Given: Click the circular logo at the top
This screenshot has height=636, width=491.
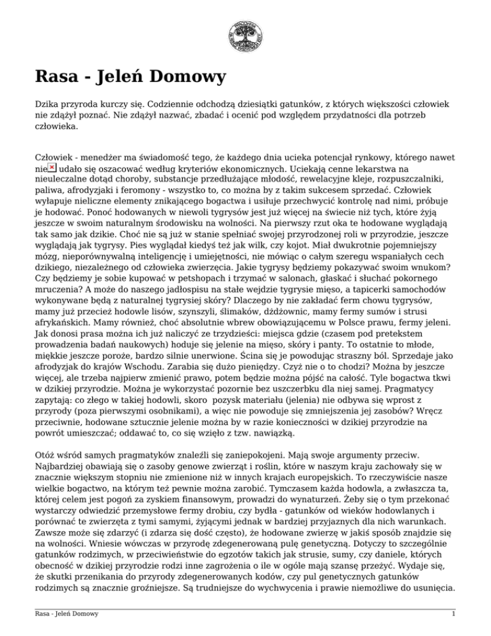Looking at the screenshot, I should [245, 35].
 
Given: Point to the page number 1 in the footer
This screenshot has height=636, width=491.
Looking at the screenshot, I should [452, 616].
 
